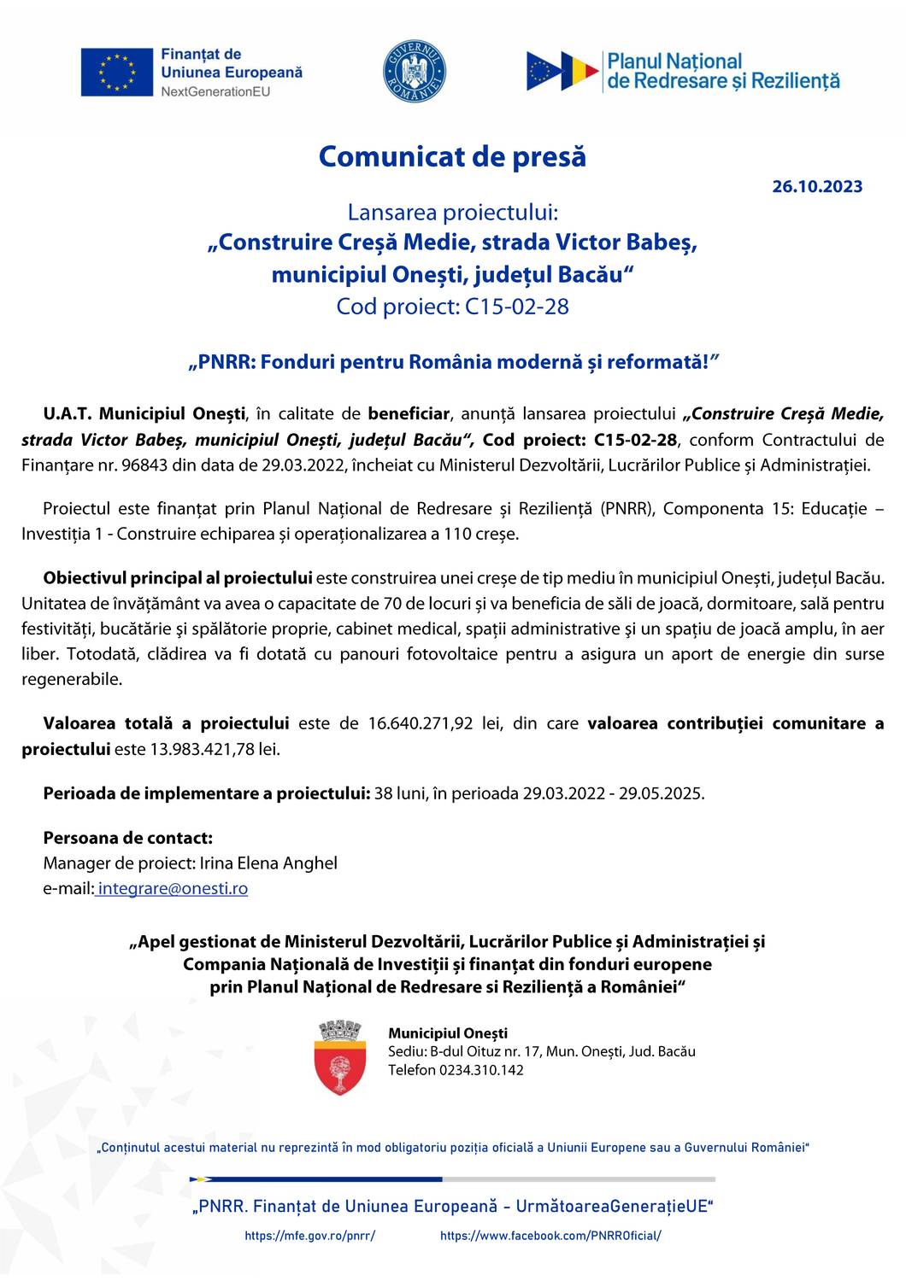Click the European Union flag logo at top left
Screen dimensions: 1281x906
(115, 72)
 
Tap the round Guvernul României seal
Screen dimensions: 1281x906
(415, 72)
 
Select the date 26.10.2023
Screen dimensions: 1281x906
(817, 186)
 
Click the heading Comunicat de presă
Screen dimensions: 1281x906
(452, 157)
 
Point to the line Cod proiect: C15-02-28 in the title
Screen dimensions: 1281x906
(452, 307)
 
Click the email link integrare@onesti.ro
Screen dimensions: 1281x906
(173, 888)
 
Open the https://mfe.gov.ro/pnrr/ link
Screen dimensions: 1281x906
(309, 1236)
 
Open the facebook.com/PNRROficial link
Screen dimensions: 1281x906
(550, 1236)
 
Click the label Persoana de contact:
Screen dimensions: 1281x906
(127, 837)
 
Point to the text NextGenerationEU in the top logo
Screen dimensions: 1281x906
(215, 91)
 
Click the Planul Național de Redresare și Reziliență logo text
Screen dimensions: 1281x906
(722, 72)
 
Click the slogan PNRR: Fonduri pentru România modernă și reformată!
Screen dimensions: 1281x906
(452, 362)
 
